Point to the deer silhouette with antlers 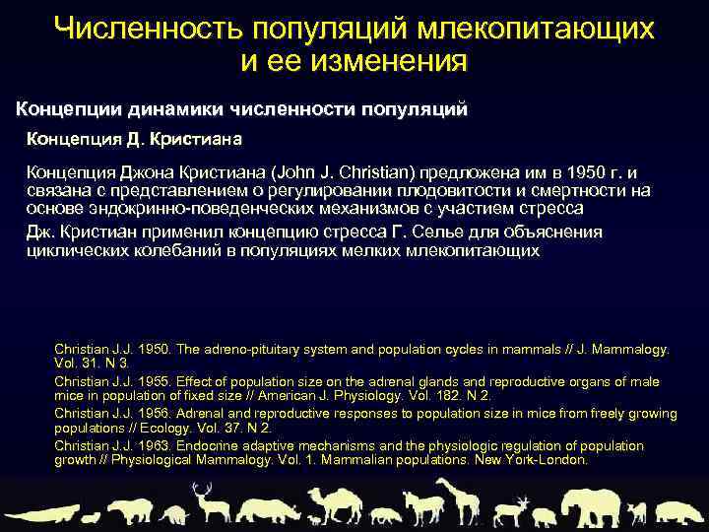click(207, 501)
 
